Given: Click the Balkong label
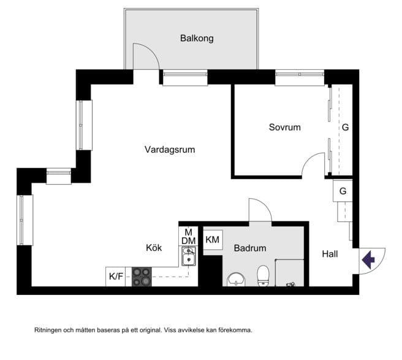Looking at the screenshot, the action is (x=197, y=38).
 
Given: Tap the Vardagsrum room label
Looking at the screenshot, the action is (x=170, y=150).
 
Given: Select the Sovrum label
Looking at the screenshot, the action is (x=284, y=128).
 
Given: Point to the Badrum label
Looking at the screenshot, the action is (x=250, y=248).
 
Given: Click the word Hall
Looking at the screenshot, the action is (x=330, y=254).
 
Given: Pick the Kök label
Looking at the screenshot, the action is (x=154, y=248).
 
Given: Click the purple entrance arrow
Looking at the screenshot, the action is (x=368, y=260).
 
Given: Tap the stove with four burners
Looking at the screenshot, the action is (x=142, y=277).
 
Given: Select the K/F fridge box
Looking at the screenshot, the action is (x=116, y=277).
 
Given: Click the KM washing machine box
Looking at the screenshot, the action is (x=213, y=240).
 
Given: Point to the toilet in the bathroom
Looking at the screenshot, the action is (x=263, y=276).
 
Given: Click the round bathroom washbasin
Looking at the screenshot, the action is (x=236, y=279).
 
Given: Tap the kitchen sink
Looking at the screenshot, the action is (x=189, y=256).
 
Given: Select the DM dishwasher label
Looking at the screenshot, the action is (x=189, y=241).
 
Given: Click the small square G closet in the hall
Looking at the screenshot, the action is (x=343, y=191).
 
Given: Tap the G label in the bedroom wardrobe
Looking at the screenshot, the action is (x=346, y=128).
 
